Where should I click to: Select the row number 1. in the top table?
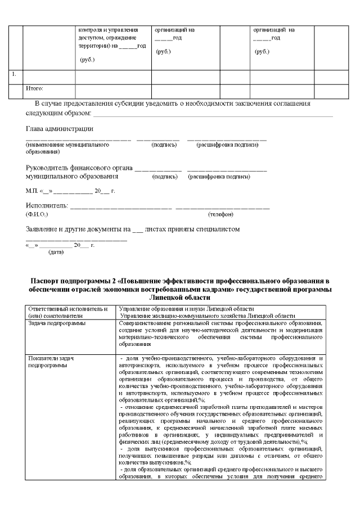coord(15,74)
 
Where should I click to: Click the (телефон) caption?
coord(221,214)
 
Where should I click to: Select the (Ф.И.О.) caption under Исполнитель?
coord(37,214)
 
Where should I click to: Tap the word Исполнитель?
coord(47,206)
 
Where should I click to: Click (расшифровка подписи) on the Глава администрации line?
coord(227,145)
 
